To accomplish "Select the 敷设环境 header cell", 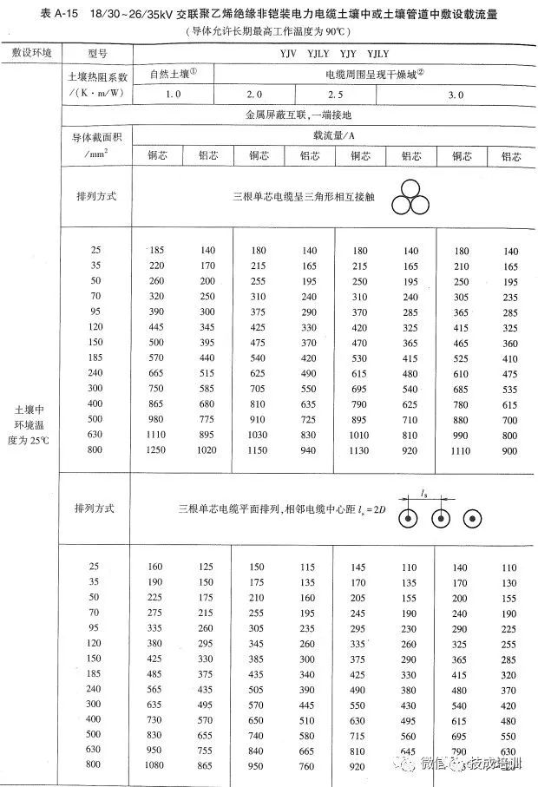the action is tap(31, 54).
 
